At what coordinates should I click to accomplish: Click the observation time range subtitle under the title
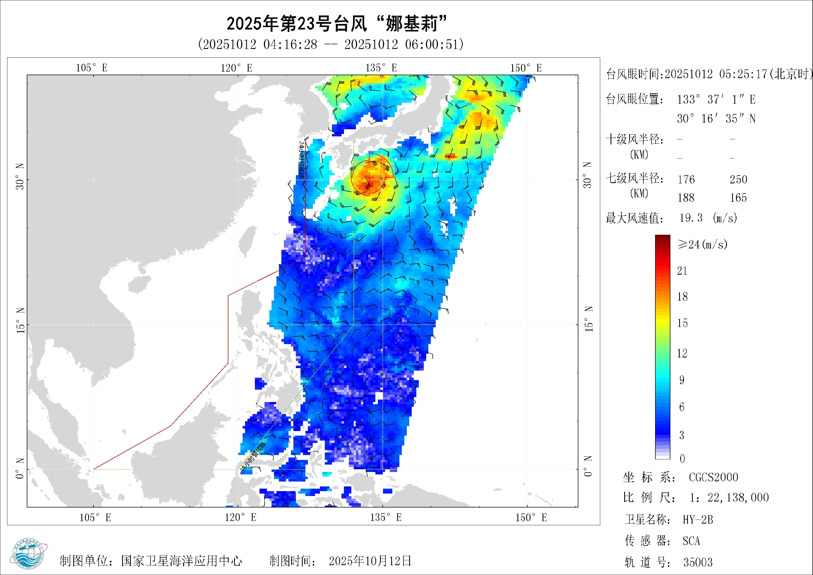coord(331,45)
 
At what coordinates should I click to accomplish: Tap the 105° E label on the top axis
coord(92,68)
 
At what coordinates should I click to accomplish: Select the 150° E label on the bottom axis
coord(531,518)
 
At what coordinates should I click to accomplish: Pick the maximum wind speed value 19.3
coord(691,218)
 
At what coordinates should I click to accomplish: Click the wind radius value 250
coord(738,180)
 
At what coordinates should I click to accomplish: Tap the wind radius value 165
coord(738,198)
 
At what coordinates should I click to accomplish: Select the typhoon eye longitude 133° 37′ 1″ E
coord(716,99)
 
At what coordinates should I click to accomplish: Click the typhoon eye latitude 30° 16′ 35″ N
coord(716,118)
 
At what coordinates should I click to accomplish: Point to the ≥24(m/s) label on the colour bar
coord(703,244)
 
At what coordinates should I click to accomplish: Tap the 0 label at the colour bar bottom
coord(682,459)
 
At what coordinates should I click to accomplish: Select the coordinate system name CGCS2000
coord(714,477)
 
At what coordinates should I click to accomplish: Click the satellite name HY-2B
coord(697,520)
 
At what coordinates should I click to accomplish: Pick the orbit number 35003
coord(697,562)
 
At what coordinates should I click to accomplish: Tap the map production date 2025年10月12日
coord(370,561)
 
